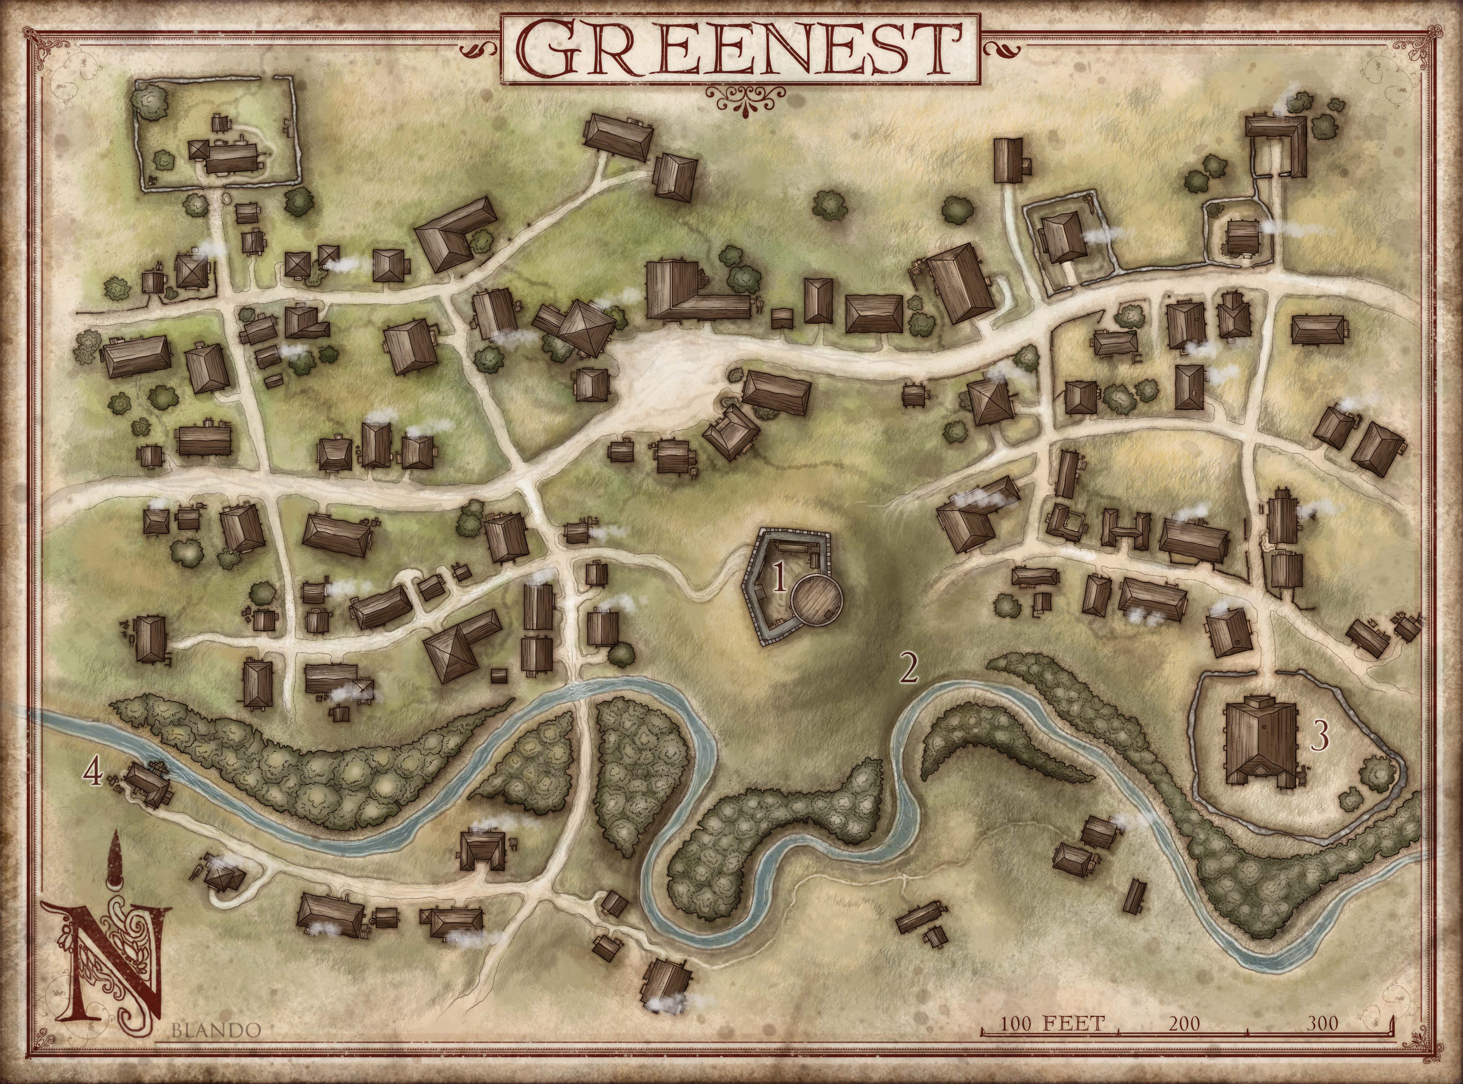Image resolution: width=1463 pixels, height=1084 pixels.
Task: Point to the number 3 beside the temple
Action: coord(1319,736)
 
